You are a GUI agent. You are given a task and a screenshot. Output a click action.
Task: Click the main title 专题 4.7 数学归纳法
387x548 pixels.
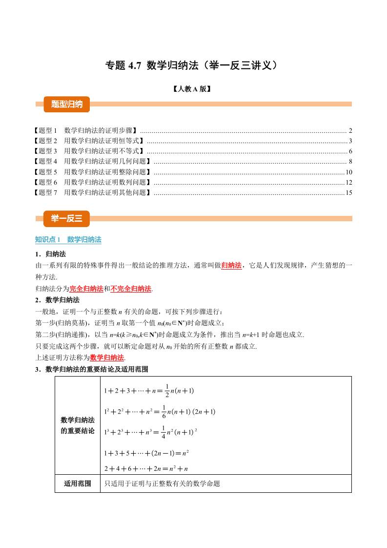[x=194, y=65]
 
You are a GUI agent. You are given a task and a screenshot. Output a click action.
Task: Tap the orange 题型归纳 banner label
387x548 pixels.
[x=63, y=104]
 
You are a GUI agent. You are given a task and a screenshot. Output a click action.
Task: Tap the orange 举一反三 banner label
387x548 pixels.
[x=63, y=218]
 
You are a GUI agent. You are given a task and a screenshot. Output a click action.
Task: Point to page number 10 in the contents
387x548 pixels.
[x=348, y=172]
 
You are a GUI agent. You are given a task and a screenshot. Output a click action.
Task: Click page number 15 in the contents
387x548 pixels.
[x=348, y=192]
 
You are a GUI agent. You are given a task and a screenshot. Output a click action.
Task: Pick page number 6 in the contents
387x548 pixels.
[x=350, y=151]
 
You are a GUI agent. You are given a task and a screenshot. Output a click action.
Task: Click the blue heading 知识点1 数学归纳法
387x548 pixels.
[x=68, y=239]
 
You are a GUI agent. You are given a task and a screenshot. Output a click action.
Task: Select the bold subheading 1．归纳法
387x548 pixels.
[x=50, y=254]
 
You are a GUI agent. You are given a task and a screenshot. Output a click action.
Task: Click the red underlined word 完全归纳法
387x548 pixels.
[x=86, y=289]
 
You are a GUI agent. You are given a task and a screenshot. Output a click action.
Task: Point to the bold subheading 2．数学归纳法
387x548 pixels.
[x=57, y=299]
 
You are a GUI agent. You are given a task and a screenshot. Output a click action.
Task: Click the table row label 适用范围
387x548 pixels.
[x=78, y=484]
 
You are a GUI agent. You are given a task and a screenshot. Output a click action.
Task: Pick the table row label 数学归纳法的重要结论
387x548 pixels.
[x=78, y=425]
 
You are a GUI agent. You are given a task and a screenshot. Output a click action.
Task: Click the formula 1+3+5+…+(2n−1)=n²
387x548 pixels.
[x=146, y=453]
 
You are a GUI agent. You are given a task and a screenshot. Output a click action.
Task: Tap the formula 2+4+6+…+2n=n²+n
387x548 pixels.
[x=146, y=468]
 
